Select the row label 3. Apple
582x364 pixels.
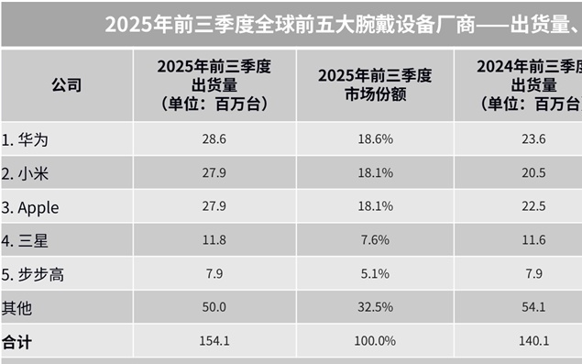31,207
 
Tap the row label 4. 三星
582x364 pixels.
29,241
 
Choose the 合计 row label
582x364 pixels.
16,340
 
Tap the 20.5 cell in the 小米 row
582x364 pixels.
532,173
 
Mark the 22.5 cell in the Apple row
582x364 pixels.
532,207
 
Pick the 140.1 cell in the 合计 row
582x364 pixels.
532,340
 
